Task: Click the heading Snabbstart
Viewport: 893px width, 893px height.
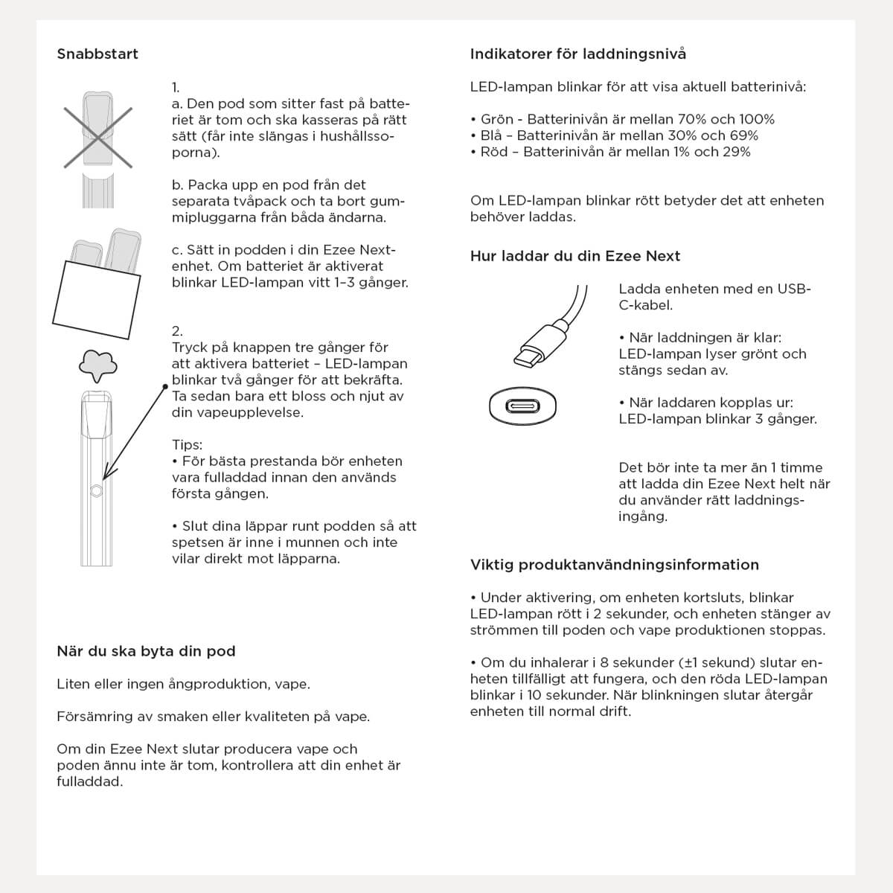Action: click(97, 54)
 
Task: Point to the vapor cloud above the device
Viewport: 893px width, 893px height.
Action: click(98, 363)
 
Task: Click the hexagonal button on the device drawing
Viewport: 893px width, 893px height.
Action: click(96, 490)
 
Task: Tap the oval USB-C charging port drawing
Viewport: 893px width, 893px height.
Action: click(523, 406)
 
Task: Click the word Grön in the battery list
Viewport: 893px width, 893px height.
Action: click(496, 119)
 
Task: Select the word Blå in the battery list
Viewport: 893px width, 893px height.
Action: click(492, 135)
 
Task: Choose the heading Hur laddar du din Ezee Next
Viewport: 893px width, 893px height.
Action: click(575, 256)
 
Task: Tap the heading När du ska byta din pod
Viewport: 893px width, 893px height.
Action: click(146, 651)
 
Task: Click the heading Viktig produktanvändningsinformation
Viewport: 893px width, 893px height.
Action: click(615, 565)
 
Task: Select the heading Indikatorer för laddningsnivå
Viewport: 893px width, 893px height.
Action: click(578, 54)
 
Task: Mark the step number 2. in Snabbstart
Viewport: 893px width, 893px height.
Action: click(177, 331)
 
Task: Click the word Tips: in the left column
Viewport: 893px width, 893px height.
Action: click(188, 445)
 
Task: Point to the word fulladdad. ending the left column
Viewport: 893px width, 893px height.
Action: click(90, 781)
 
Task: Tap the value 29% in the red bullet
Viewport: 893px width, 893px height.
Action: click(736, 152)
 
